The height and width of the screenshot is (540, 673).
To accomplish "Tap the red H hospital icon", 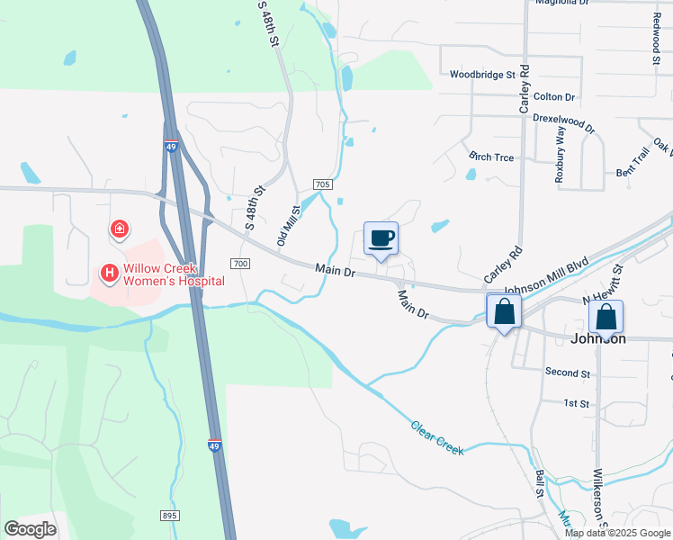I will click(x=110, y=272).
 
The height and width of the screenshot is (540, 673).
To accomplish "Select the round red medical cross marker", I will click(x=119, y=230).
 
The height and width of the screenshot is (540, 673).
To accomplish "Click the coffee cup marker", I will click(x=381, y=238).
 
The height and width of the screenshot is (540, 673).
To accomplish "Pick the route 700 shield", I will click(x=239, y=263).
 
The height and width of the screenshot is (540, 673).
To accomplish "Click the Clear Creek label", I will click(x=437, y=437).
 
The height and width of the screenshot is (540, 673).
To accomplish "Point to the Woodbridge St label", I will click(x=482, y=75).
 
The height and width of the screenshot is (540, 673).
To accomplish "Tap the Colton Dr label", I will click(x=553, y=96).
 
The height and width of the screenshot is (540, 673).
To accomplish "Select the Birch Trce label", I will click(x=491, y=157).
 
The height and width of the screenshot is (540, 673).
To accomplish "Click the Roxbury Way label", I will click(x=560, y=155).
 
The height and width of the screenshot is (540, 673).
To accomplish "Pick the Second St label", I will click(x=568, y=373).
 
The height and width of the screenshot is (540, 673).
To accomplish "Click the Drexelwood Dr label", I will click(x=565, y=121).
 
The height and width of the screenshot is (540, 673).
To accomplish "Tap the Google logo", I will click(x=30, y=529).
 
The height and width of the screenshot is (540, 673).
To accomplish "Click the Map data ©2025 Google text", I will click(x=618, y=533).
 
